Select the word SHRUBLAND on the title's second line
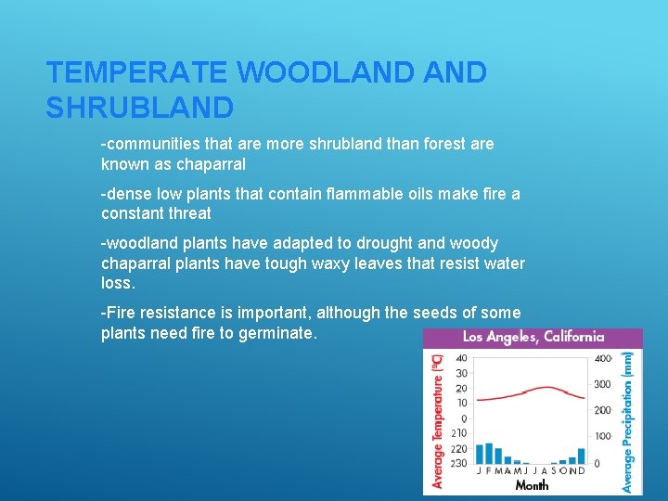click(x=139, y=109)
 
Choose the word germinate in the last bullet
click(x=278, y=333)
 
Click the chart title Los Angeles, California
click(x=533, y=338)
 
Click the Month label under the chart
click(x=532, y=484)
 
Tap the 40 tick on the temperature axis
click(x=462, y=358)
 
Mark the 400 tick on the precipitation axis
click(x=603, y=358)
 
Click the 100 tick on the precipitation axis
click(x=603, y=436)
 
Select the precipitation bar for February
click(x=489, y=453)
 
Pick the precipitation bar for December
click(x=582, y=456)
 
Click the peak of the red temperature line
click(x=547, y=387)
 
